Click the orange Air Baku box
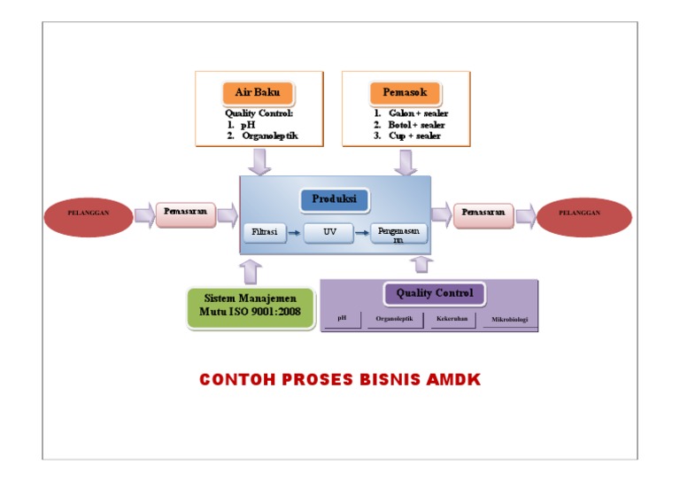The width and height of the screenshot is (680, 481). pos(258,93)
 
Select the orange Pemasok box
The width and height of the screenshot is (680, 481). pos(405,93)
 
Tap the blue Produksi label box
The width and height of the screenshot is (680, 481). pos(334,200)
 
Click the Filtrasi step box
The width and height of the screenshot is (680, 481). pos(265,232)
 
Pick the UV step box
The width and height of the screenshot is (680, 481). pos(328,233)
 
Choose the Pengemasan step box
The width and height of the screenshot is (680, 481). pos(398,233)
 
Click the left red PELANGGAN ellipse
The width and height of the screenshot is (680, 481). pos(89,213)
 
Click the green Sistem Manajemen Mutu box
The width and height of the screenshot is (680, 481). pos(252,306)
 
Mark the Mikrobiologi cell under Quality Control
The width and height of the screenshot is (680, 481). pos(509,319)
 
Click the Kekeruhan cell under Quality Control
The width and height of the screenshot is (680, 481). pos(452,319)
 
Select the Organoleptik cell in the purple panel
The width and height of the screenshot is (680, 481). pos(394,319)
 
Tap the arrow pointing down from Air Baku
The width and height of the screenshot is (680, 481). pos(260,161)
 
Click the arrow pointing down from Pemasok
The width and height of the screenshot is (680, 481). pos(406,161)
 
